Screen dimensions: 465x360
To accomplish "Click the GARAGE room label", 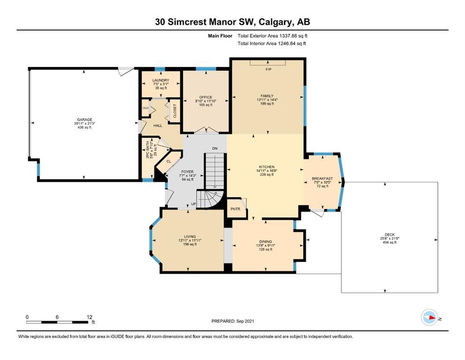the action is (84, 120).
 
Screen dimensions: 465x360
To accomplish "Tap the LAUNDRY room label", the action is (161, 81).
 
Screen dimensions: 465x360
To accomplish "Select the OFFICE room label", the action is (206, 97).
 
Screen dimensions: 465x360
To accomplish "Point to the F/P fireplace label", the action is (268, 69).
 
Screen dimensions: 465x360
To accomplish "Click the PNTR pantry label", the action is (236, 209).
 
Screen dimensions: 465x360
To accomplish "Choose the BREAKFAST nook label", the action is (322, 179).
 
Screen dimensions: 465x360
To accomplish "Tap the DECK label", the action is (390, 235).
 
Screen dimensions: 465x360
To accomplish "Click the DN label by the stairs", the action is (215, 149).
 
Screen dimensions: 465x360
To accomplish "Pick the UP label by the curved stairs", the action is (194, 204).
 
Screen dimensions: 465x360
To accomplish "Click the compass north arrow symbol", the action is (430, 317).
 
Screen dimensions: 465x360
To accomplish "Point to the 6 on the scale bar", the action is (57, 317).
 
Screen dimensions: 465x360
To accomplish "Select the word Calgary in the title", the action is (274, 22).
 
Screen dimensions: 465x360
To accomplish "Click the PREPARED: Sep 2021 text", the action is (233, 321).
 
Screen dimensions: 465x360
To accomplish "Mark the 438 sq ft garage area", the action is (84, 127).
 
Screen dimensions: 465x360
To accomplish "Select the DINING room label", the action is (266, 242).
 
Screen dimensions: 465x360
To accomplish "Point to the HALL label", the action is (158, 126).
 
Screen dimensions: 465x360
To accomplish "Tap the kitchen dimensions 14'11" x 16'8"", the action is (266, 171).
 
